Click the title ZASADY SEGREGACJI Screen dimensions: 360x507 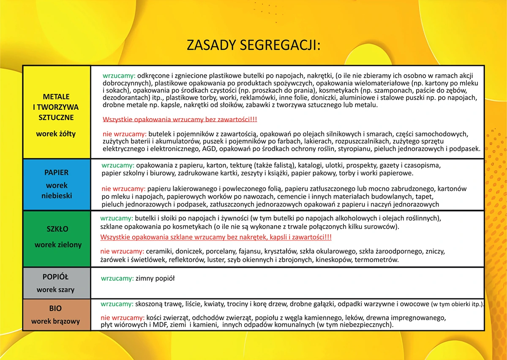[x=253, y=45]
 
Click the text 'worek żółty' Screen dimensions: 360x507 [x=56, y=134]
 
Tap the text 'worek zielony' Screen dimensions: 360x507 [x=58, y=245]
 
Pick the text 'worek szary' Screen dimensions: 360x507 [x=55, y=290]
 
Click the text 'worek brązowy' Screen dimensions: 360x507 [x=55, y=322]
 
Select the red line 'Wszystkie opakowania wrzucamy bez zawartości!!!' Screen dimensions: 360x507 [x=180, y=120]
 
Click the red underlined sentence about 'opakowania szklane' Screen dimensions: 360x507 [x=215, y=237]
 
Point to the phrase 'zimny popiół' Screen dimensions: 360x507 [x=155, y=278]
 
